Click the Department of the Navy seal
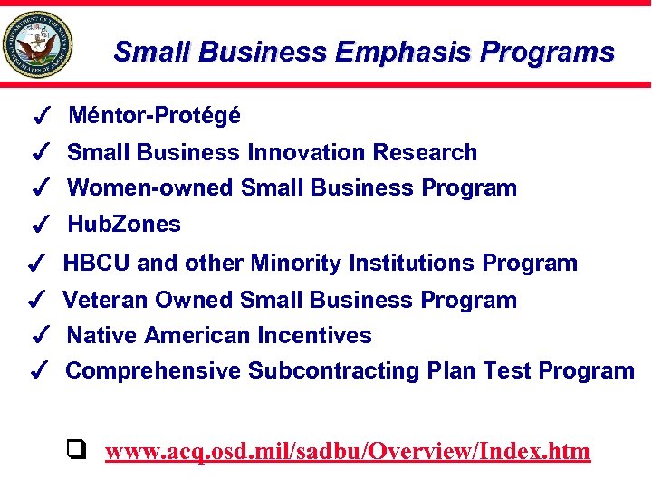[37, 44]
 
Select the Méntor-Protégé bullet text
[154, 116]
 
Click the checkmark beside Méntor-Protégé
[39, 117]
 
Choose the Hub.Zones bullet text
[124, 224]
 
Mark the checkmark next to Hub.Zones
[39, 225]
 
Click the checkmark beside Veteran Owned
[37, 300]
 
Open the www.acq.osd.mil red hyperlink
[348, 451]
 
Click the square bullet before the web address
[77, 448]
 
